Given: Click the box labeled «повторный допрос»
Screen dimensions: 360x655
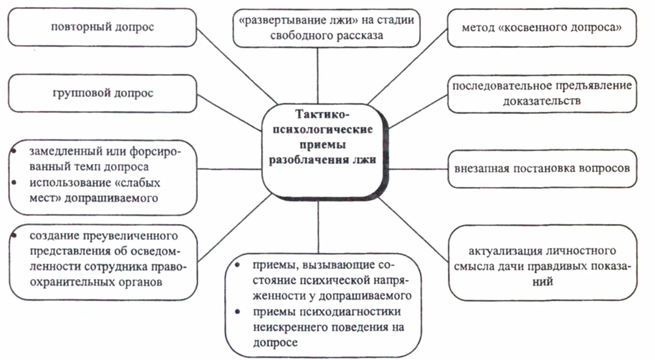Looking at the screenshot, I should [x=102, y=27].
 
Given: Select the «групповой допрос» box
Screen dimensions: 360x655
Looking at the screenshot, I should [x=103, y=93].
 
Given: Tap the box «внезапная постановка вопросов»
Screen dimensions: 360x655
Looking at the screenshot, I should [x=542, y=168].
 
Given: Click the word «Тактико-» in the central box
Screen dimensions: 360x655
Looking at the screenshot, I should [x=322, y=114].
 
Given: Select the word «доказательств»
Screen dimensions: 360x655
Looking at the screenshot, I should [x=542, y=101].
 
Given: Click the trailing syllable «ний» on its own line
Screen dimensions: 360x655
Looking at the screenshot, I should [x=542, y=281].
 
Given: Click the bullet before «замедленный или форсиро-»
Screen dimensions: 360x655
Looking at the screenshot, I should [x=14, y=151].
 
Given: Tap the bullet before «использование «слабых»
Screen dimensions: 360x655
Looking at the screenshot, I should [x=14, y=183].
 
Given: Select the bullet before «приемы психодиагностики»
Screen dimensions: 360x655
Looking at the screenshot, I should [x=238, y=312].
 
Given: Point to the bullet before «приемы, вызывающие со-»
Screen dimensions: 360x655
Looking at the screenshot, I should [x=238, y=265].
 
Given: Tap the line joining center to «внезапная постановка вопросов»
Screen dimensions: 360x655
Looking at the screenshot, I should [x=418, y=169].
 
